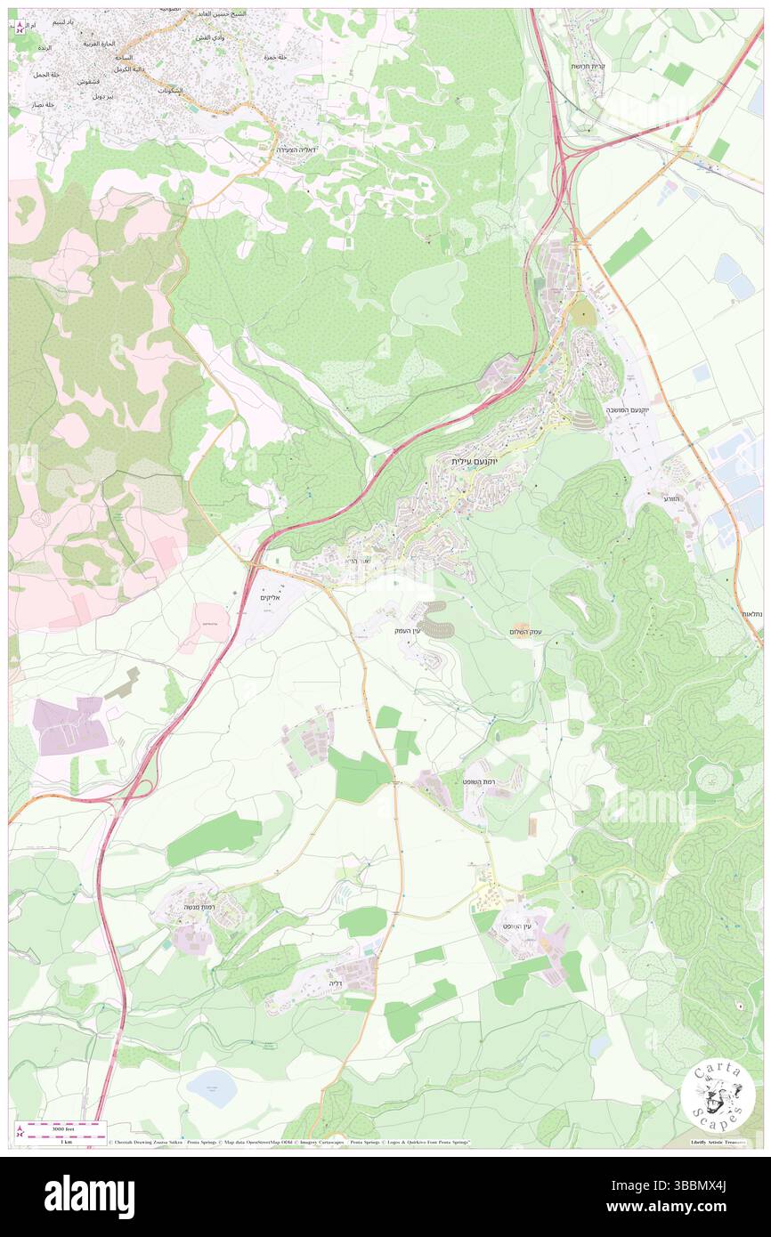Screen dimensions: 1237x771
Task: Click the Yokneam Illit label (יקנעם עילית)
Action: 472,462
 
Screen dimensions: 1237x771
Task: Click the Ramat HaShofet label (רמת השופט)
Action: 478,780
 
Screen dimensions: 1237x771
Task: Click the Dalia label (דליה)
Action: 336,983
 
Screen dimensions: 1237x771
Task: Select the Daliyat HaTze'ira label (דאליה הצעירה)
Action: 298,150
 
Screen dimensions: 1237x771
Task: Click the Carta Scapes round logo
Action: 718,1097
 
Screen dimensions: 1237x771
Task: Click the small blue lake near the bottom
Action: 211,1087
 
